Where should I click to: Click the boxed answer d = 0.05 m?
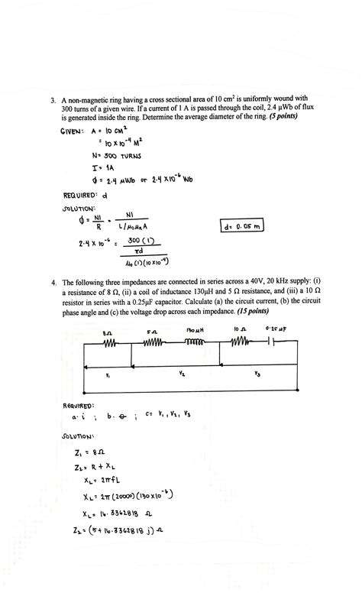pos(241,227)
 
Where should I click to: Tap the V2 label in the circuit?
pos(181,374)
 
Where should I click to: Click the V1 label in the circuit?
pos(108,375)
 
